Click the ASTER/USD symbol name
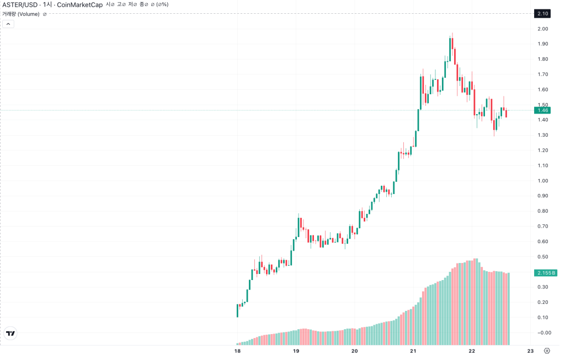point(20,4)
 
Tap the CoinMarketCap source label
point(79,4)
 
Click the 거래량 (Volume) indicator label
point(21,14)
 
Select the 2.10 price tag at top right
point(542,14)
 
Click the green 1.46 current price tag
point(542,110)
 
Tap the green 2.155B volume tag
point(546,273)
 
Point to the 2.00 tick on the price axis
point(543,29)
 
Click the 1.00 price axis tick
point(543,181)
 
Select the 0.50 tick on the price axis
point(543,257)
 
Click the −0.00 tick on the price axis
point(544,332)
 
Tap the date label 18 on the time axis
point(237,351)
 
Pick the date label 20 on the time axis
point(355,351)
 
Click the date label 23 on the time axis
point(530,351)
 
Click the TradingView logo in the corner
point(11,334)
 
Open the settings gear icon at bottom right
point(547,351)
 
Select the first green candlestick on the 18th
point(237,310)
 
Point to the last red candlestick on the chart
point(507,113)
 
